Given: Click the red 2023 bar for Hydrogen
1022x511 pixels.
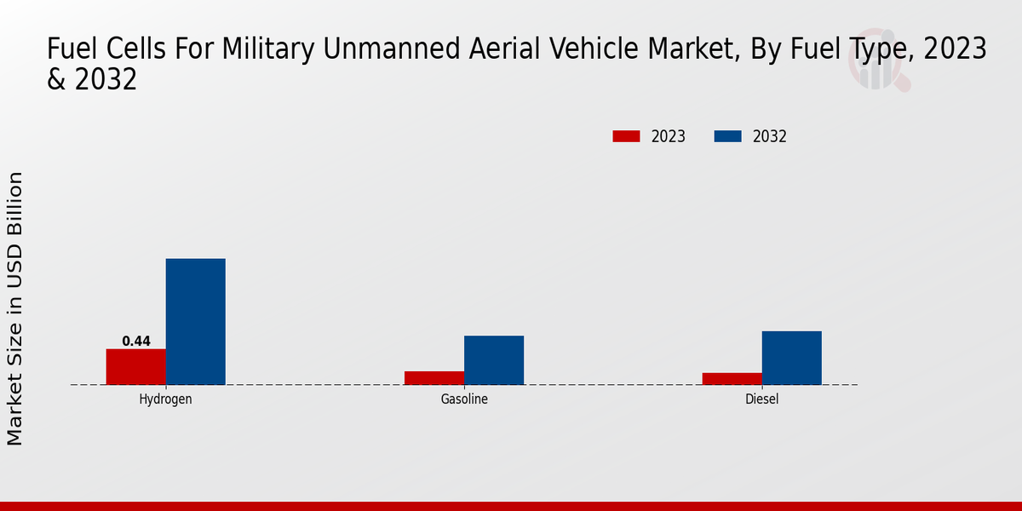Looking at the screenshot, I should [x=136, y=366].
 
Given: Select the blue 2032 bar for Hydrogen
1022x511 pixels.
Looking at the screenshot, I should [x=196, y=321].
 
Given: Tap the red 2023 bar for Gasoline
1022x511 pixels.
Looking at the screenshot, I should [x=434, y=377].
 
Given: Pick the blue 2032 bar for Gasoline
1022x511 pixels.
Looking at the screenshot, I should [x=494, y=359].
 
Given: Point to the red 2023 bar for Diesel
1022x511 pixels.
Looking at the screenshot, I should [x=732, y=378].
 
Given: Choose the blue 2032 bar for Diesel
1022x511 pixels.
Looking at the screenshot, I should [x=792, y=358].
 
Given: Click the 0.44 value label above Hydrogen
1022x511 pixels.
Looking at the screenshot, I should [x=136, y=342].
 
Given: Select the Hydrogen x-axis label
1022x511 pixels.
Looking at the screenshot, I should [x=165, y=399].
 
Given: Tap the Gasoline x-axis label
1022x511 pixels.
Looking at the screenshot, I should [x=464, y=399].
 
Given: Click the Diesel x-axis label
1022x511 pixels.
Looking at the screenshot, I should [x=762, y=399].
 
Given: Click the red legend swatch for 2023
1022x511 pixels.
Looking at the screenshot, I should [x=626, y=136].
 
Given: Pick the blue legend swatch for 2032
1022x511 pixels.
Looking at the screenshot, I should [x=727, y=136].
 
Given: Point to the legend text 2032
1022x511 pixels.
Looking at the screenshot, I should [x=770, y=136].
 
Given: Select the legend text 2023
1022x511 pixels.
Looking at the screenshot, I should [x=669, y=136].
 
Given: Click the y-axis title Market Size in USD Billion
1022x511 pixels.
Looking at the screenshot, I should [x=15, y=308].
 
